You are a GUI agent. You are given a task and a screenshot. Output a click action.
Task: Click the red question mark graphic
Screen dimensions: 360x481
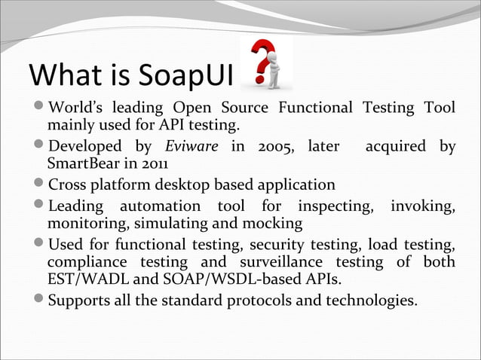click(x=260, y=62)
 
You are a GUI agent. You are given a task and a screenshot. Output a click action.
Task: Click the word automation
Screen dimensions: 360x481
click(x=156, y=206)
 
